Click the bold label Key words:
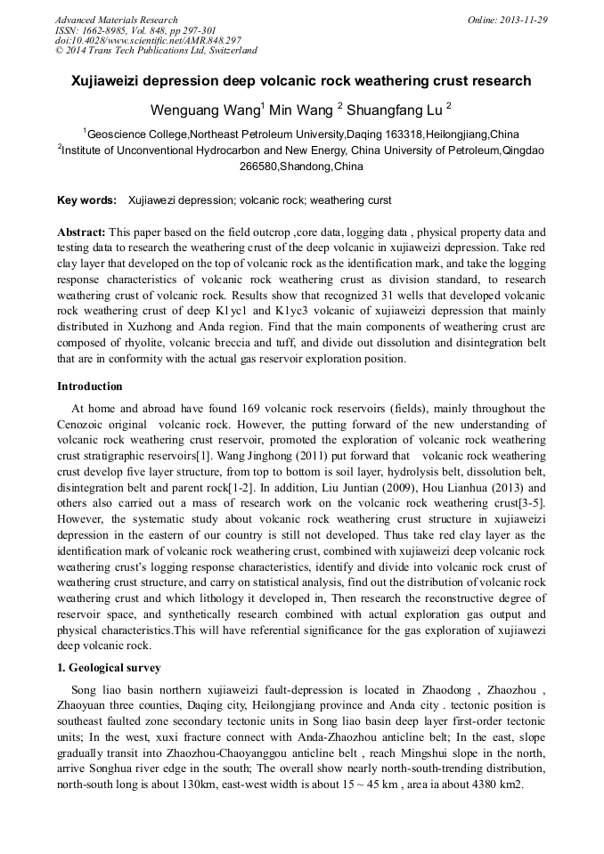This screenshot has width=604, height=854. pos(86,200)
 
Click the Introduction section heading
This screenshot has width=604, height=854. pos(90,386)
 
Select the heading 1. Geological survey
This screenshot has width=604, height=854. pos(109,667)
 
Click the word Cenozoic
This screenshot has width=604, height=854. pos(86,424)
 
